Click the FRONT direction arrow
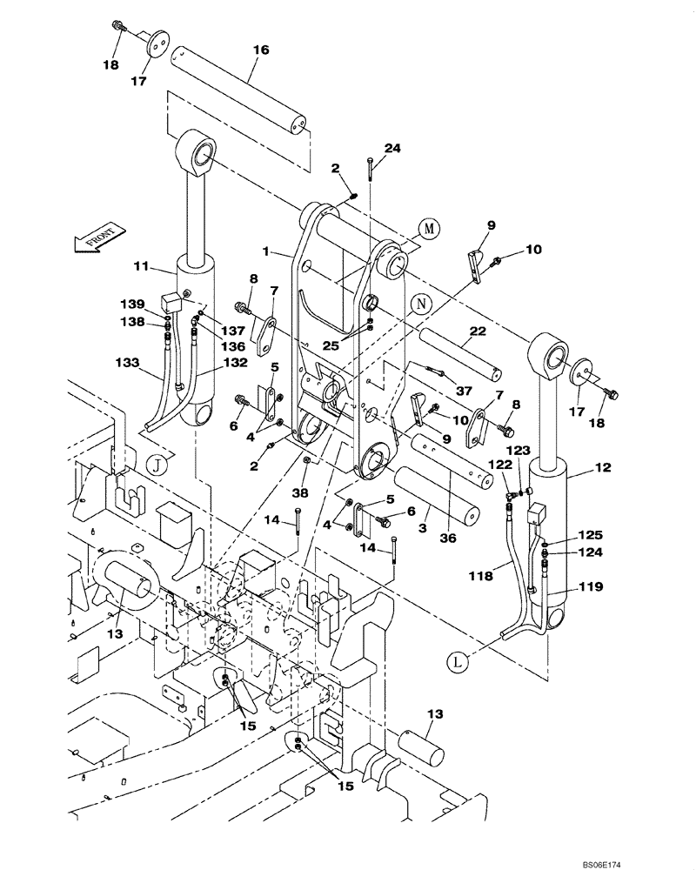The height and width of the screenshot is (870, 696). [x=97, y=236]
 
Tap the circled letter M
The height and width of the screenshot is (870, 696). [x=427, y=228]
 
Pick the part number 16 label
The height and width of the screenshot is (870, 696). [x=260, y=51]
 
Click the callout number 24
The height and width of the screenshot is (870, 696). [x=392, y=148]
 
